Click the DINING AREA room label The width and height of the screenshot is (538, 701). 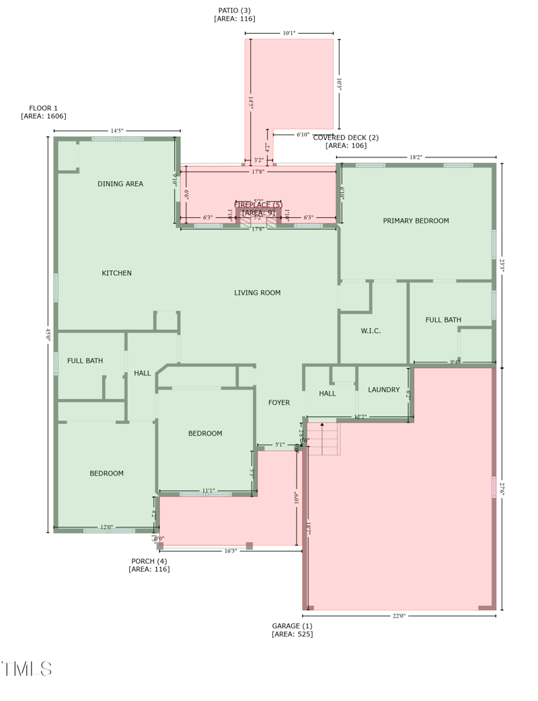coord(120,184)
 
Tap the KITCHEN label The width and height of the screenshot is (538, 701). coord(116,273)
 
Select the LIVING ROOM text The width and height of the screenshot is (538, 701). coord(257,293)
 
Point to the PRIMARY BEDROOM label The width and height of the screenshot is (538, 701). coord(416,221)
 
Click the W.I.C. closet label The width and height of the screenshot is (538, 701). coord(371,331)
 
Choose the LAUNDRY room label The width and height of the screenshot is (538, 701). coord(384,390)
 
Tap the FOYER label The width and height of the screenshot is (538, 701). coord(279,402)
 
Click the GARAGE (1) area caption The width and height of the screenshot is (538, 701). coord(292,630)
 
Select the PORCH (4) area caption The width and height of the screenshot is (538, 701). coord(149,565)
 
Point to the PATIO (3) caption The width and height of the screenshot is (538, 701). coord(235,14)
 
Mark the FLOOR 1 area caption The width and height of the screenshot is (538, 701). coord(44,112)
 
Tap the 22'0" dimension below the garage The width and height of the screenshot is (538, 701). coord(399,616)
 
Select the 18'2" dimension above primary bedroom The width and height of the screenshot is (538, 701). coord(416,157)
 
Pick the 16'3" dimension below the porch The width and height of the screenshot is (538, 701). coord(231,551)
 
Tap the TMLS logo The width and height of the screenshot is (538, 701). coord(27,668)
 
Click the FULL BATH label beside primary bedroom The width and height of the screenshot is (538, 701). coord(443,320)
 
